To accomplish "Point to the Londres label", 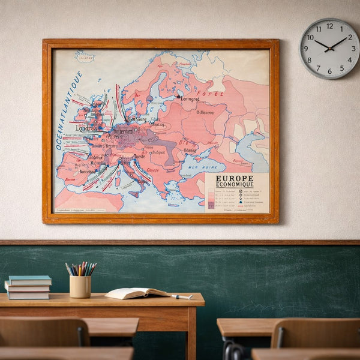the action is click(86, 128).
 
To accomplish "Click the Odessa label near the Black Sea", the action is click(190, 150).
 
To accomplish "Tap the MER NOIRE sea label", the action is click(199, 167).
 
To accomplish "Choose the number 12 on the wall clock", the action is click(329, 26).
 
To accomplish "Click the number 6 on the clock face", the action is click(329, 71).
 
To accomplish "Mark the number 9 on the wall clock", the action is click(307, 49).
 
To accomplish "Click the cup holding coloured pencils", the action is click(80, 286).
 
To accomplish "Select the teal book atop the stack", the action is click(30, 280).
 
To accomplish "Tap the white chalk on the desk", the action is click(182, 296).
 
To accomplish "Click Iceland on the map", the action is click(85, 57).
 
